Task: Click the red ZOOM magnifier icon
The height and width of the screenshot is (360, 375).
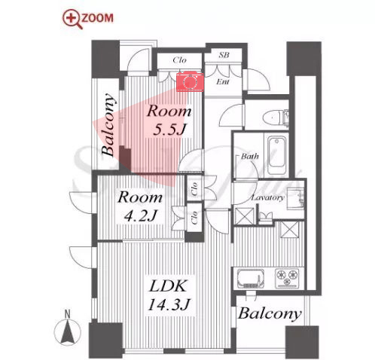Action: pos(72,19)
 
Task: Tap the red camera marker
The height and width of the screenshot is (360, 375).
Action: pos(190,81)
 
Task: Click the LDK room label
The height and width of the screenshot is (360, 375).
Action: pos(168,285)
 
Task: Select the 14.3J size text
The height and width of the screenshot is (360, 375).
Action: pos(169,304)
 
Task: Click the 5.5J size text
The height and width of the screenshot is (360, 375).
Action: pos(169,130)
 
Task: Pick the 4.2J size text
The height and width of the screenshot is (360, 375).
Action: pos(141,216)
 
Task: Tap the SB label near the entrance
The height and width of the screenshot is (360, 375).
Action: pos(224,55)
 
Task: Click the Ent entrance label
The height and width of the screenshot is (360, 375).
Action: pos(223,81)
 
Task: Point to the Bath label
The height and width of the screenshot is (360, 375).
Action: pos(250,156)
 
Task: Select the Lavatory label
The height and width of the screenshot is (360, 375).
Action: pos(267,197)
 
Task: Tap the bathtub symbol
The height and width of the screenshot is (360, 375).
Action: pos(277,156)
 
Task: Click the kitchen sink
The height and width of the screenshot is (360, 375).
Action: pos(251,279)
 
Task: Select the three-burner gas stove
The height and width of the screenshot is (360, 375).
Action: pos(287,278)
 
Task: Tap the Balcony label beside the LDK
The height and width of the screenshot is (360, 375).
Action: pos(270,314)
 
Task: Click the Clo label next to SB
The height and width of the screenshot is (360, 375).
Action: pos(179,60)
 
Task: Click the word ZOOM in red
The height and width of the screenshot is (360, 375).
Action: pos(98,18)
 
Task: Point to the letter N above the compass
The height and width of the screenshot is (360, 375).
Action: pos(67,314)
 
